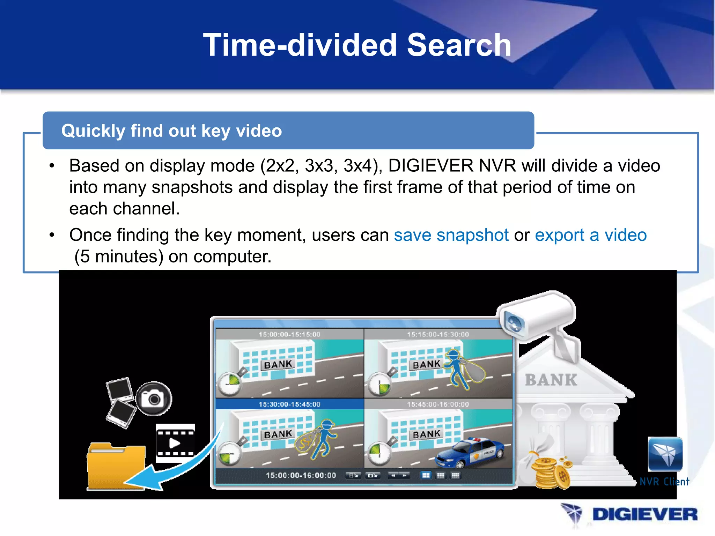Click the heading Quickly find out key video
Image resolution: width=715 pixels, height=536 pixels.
click(171, 131)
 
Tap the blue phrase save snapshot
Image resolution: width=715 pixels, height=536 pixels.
click(451, 235)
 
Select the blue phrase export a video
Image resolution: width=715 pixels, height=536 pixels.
click(591, 235)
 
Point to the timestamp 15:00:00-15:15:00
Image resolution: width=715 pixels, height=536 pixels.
click(289, 334)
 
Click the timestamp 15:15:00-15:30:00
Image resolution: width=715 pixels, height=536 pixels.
click(438, 334)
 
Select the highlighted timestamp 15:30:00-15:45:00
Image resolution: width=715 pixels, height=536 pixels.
click(289, 404)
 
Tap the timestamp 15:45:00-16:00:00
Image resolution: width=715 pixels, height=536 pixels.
click(438, 404)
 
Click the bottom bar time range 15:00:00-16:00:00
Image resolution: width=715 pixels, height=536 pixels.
click(301, 475)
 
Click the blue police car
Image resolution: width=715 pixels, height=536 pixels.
click(470, 453)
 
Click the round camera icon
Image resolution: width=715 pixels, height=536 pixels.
click(154, 398)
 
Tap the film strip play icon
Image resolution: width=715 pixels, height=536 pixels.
click(175, 443)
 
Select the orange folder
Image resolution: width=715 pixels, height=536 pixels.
click(116, 466)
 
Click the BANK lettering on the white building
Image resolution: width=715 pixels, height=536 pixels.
click(551, 380)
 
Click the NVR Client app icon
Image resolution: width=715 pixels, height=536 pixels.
click(665, 454)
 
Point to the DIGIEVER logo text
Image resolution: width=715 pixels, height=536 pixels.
click(644, 515)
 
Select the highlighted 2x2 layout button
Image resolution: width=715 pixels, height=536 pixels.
click(426, 475)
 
